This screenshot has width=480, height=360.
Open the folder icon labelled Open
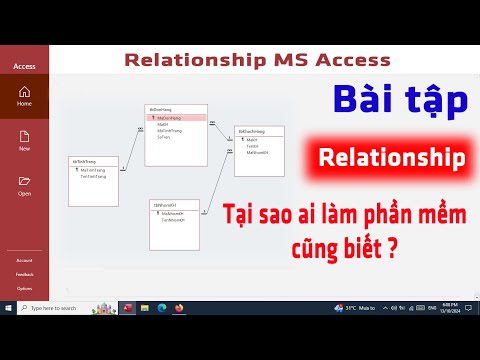pyautogui.click(x=24, y=181)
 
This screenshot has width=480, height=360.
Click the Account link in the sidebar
pyautogui.click(x=23, y=260)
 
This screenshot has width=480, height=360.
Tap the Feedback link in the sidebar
pyautogui.click(x=23, y=274)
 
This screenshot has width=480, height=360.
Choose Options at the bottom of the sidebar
pyautogui.click(x=23, y=288)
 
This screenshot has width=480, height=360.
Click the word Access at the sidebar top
pyautogui.click(x=24, y=66)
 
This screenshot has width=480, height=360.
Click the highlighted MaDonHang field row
pyautogui.click(x=178, y=117)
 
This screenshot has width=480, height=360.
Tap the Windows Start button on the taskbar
pyautogui.click(x=8, y=307)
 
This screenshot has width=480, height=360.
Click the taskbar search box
pyautogui.click(x=65, y=307)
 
